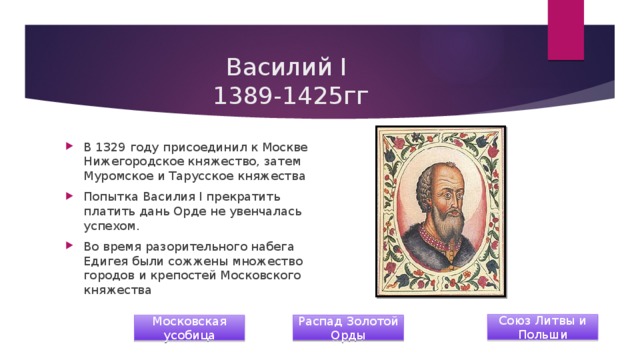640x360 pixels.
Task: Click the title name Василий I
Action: (285, 69)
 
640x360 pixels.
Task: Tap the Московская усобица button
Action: (189, 326)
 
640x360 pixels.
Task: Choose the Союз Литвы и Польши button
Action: (542, 326)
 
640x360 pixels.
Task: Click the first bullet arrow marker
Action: (69, 147)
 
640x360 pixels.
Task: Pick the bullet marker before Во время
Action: (69, 246)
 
